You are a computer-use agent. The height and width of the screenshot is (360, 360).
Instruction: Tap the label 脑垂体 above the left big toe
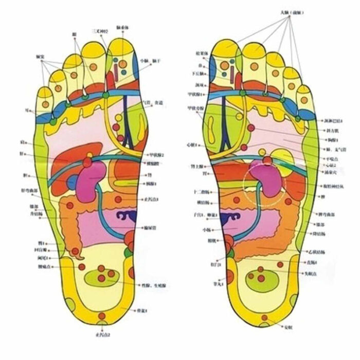123,27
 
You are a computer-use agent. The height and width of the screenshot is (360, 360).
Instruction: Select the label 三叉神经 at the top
99,31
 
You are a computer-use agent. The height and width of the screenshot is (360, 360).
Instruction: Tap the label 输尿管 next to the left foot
150,227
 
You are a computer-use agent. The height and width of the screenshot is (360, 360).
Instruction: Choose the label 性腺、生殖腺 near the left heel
154,284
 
